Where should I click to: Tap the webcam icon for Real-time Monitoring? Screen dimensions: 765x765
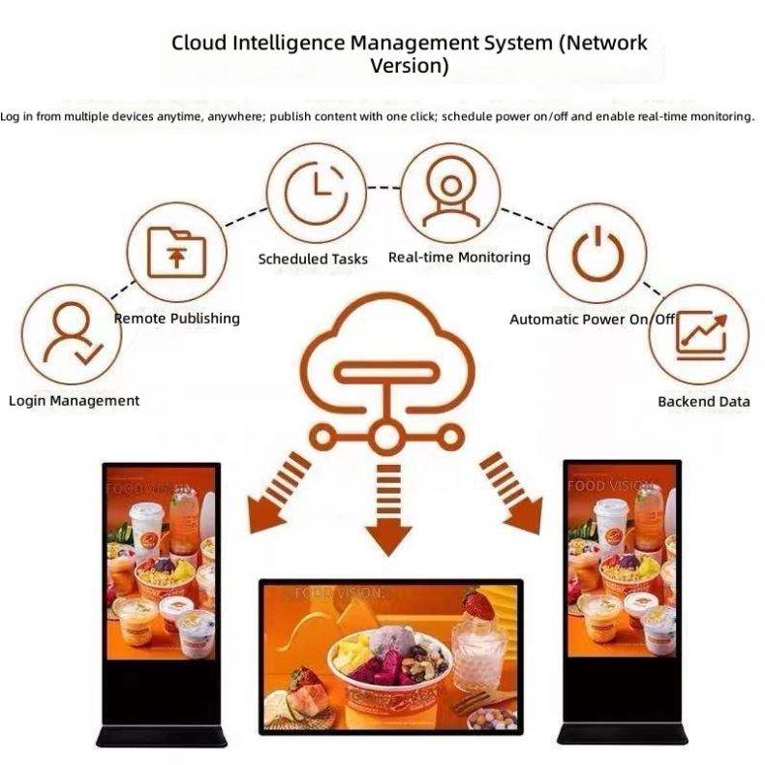451,196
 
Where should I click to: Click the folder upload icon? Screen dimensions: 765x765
176,252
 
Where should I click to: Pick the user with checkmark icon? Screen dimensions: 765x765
73,334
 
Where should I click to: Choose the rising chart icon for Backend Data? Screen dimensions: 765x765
700,336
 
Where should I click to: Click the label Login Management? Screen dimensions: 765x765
75,401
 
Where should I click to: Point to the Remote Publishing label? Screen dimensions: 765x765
177,319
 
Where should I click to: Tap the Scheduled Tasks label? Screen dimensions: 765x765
313,259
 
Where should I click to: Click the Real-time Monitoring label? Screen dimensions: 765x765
459,258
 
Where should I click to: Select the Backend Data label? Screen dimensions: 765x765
704,402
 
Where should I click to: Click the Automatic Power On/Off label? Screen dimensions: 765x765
592,320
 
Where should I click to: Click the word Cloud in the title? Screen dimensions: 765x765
199,43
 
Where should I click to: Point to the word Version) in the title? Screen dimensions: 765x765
410,66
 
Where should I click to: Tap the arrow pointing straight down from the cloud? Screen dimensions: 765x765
388,510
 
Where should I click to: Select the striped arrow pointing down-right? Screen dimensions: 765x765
511,493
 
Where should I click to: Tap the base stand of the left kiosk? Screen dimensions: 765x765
162,736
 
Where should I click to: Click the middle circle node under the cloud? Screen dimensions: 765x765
385,437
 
